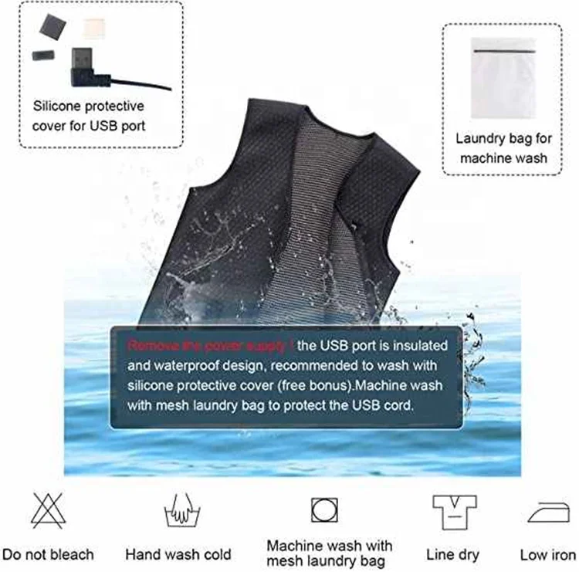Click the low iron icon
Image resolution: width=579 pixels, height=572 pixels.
tap(547, 513)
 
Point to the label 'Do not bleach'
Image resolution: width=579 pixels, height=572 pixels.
tap(48, 554)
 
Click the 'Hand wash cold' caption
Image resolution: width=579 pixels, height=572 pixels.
tap(178, 554)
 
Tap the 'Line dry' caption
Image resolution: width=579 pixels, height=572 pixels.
tap(452, 554)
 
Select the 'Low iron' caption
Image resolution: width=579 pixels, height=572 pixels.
tap(547, 554)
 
